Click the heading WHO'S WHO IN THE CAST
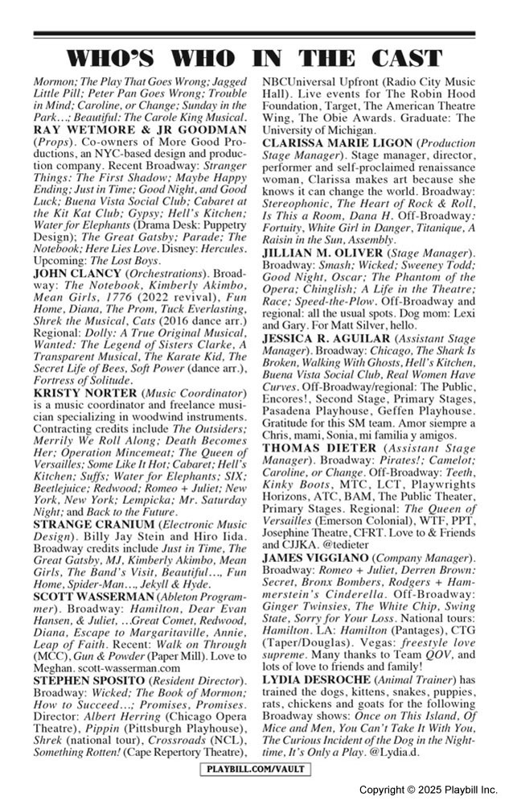(x=254, y=58)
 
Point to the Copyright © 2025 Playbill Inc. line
(x=428, y=791)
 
